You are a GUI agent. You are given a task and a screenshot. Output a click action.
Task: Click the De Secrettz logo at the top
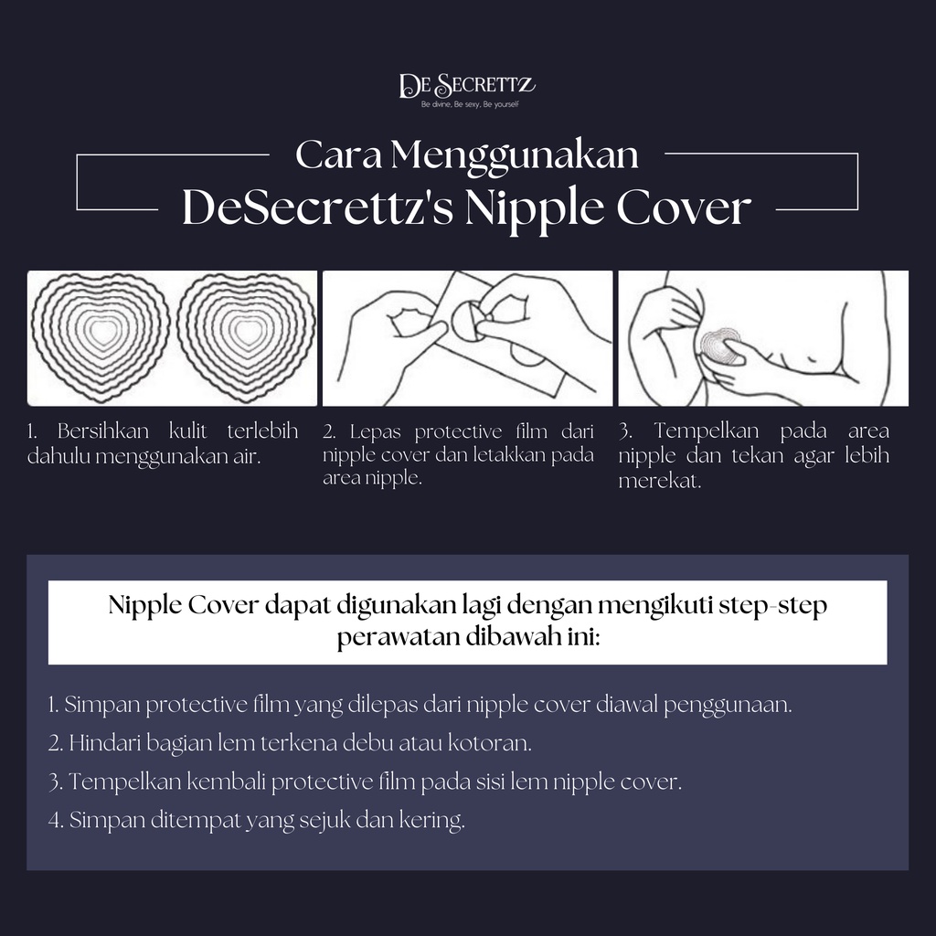(467, 87)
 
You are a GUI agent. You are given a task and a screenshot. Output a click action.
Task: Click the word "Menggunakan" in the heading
(515, 155)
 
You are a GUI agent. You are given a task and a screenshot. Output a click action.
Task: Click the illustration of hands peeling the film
(467, 338)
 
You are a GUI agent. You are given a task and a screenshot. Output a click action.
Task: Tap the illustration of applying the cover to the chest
(762, 338)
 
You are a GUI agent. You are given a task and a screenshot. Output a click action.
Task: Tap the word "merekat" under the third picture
(659, 481)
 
